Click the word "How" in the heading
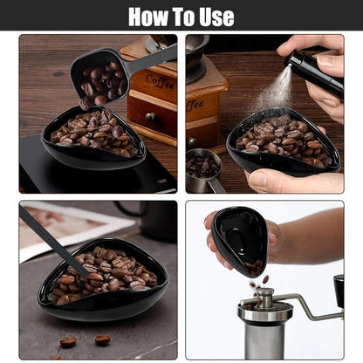coord(151,16)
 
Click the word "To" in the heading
coord(183,16)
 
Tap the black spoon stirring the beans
coord(53,243)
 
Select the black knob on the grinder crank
coord(339,291)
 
